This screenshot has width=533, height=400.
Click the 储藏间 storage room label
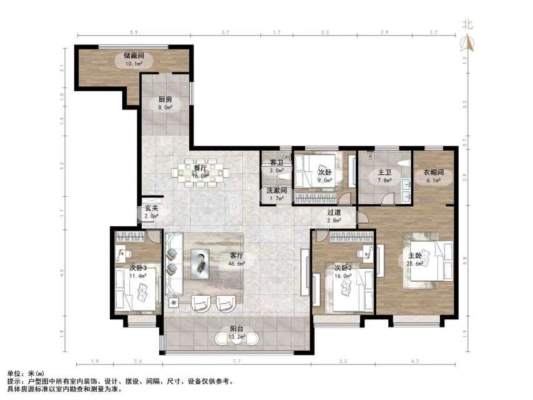[133, 55]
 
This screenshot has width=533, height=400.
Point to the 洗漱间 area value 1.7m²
[276, 199]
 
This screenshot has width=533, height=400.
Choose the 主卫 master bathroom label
[384, 172]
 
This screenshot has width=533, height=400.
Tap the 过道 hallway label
[335, 212]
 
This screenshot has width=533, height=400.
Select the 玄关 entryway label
[151, 208]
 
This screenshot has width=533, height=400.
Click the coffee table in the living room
[202, 260]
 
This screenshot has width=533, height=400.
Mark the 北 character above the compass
[467, 25]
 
